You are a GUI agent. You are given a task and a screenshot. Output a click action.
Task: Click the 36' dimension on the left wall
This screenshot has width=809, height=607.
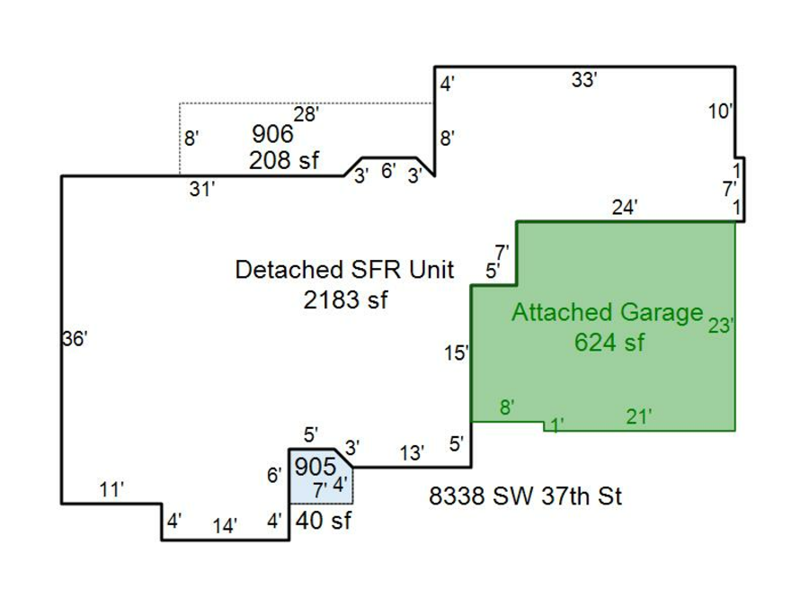coord(75,339)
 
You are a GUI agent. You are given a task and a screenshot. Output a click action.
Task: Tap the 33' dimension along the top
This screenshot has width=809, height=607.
coord(584,80)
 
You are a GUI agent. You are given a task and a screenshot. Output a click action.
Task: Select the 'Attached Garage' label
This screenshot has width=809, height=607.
coord(607,313)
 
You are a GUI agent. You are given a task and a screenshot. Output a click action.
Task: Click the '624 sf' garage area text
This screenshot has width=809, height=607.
coord(609,342)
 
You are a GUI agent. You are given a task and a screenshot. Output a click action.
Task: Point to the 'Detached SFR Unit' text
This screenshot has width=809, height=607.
coord(344,270)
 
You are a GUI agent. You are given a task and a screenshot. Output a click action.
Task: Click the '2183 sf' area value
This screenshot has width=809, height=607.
coord(345,299)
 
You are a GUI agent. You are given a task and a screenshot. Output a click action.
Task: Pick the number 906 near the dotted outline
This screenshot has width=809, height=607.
coord(272,135)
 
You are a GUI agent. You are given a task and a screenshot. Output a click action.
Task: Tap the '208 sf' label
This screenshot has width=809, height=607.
coord(282,161)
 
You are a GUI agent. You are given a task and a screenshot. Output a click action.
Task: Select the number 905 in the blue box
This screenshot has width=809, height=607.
coord(316,467)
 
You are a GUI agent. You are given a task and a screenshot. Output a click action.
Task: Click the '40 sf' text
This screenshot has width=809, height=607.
coord(323,520)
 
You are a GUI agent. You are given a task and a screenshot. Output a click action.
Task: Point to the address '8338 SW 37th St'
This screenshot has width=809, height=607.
coord(525,495)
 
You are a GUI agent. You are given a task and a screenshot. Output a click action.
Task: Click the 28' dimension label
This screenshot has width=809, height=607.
coord(307,114)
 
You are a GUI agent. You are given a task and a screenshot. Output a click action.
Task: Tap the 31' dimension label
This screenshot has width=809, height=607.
coord(202,189)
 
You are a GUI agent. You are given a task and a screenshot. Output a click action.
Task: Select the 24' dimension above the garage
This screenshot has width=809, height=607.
coord(625,207)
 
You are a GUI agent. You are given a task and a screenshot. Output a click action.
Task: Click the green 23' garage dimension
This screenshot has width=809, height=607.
coord(721,326)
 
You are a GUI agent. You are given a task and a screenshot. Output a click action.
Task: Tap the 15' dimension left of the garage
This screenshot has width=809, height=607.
coord(456,353)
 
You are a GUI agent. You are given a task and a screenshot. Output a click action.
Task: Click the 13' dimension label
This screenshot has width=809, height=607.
coord(412,453)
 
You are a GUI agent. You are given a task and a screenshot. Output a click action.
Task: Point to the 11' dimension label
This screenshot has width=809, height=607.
coord(111,490)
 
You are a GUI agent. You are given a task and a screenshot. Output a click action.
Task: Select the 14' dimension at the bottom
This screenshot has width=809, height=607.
coord(225,526)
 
